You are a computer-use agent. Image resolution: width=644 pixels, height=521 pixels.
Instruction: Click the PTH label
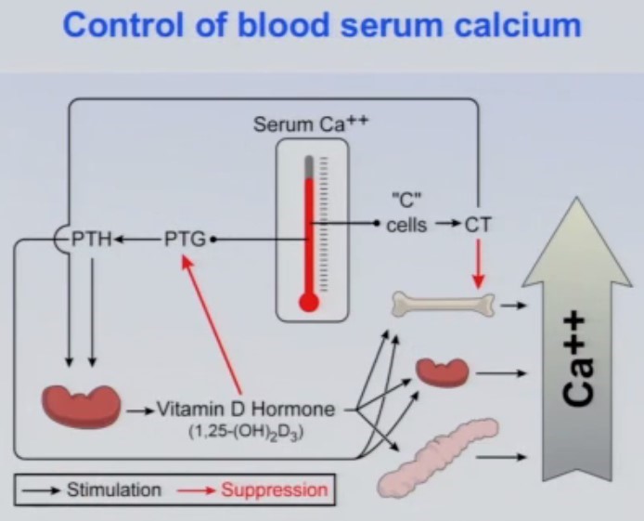[92, 240]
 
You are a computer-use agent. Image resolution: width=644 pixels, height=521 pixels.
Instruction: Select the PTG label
[186, 240]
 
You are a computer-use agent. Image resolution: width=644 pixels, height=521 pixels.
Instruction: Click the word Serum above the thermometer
[278, 124]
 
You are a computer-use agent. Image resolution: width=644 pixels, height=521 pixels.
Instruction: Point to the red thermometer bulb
[309, 301]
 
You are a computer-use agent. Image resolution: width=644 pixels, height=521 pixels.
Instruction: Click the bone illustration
[444, 303]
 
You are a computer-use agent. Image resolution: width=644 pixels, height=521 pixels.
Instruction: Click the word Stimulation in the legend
[113, 488]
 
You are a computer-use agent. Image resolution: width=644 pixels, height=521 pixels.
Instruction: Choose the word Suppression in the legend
[274, 488]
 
